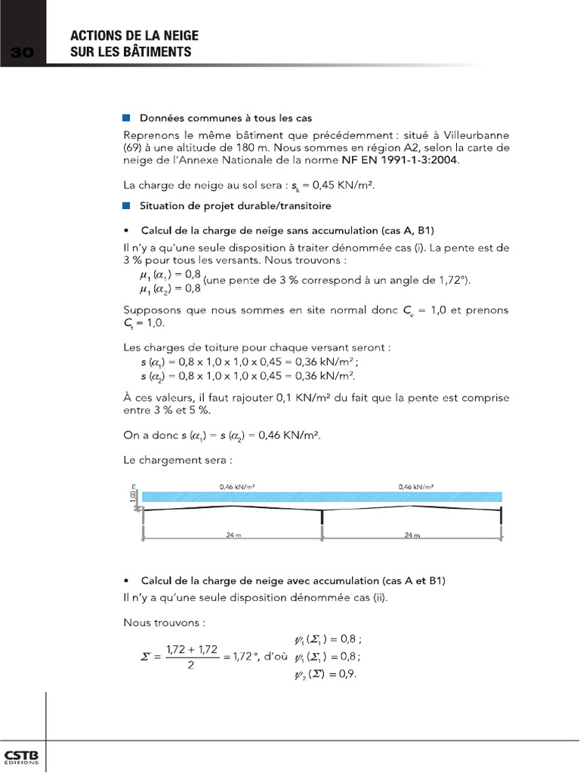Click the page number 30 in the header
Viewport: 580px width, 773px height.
point(23,52)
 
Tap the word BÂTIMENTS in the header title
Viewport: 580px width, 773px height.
point(154,52)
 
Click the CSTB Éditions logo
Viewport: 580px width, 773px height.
point(23,757)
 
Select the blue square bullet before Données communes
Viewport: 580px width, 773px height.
point(126,119)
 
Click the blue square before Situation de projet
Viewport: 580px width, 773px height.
point(126,205)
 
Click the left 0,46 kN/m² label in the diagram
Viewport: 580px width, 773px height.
point(236,487)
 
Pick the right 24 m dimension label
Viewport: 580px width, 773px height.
point(411,534)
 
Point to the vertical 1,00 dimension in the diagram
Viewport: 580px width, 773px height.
point(133,496)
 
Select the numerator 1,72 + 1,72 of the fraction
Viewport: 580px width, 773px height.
point(191,648)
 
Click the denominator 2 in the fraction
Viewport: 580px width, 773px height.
point(191,665)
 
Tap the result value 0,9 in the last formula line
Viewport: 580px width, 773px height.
point(347,674)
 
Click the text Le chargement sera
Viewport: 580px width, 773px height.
point(177,459)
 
